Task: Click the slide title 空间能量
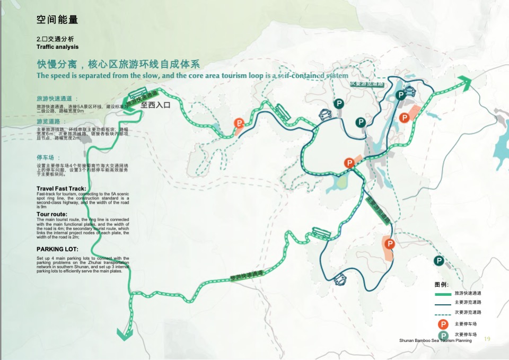point(57,20)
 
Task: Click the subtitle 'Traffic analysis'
point(57,47)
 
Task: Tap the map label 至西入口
point(156,105)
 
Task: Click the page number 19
point(487,339)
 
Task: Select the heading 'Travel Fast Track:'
point(61,189)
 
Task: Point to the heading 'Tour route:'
point(52,214)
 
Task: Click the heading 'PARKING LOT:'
point(57,249)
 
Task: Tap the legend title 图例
point(441,284)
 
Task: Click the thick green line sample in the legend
point(443,294)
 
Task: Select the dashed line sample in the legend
point(443,313)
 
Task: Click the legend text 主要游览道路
point(468,303)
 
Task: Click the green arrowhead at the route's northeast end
point(465,81)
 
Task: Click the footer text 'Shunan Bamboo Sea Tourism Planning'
point(435,340)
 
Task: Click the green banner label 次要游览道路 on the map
point(366,84)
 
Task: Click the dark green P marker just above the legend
point(439,261)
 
